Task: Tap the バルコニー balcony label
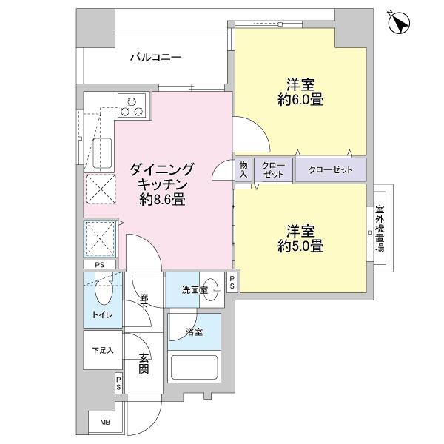156,56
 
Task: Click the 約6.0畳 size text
300,98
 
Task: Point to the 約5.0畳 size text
300,246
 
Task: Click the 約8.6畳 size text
162,199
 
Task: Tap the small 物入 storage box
243,169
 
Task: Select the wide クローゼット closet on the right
330,169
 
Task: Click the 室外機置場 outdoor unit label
380,228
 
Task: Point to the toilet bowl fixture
103,292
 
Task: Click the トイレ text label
102,315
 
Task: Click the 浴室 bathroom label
194,332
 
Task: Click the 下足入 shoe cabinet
102,350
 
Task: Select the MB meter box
103,423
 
